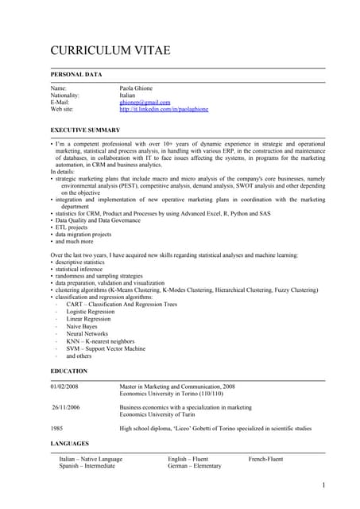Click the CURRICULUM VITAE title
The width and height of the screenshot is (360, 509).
(110, 52)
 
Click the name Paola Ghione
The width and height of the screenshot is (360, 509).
(136, 88)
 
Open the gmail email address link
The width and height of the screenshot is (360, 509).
(145, 103)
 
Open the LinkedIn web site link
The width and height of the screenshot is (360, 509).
(163, 110)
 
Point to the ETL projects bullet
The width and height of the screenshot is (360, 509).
(74, 227)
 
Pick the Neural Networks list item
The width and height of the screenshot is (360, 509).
(87, 334)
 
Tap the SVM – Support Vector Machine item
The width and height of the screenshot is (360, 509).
(105, 348)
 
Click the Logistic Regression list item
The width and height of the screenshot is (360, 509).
(90, 313)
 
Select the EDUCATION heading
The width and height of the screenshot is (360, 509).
(69, 371)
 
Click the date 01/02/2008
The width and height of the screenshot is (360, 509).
(64, 386)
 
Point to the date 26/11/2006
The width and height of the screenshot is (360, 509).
(66, 407)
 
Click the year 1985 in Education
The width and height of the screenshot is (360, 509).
(57, 429)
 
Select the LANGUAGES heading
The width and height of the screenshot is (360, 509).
(70, 444)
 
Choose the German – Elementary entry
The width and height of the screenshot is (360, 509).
(194, 466)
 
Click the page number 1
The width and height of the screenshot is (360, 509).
(323, 485)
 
